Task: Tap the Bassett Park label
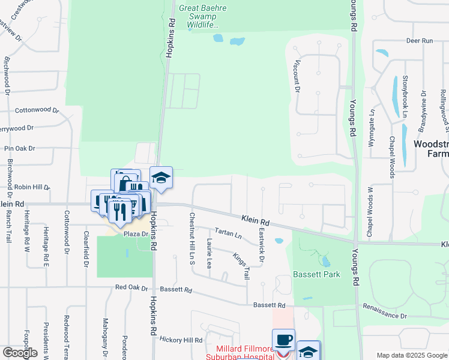tap(316, 274)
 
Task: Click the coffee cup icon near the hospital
tap(283, 340)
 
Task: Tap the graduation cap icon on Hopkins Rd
tap(161, 178)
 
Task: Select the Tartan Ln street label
tap(228, 232)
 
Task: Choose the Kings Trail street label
tap(241, 265)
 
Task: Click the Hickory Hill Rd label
tap(181, 340)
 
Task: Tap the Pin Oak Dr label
tap(20, 148)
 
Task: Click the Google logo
tap(20, 352)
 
